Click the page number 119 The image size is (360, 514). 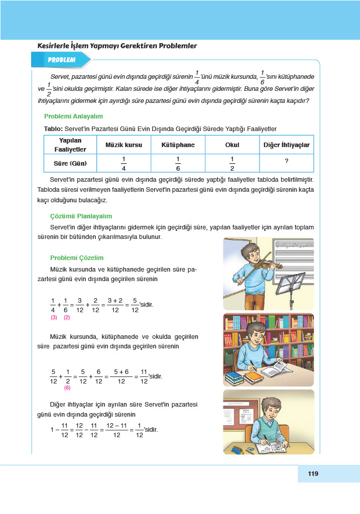[x=313, y=473]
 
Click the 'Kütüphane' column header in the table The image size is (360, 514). [x=178, y=145]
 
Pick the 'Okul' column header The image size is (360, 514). [x=232, y=145]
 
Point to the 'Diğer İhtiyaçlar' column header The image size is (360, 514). [x=286, y=145]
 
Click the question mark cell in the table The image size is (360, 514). [x=286, y=161]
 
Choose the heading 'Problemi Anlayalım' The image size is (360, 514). [x=73, y=116]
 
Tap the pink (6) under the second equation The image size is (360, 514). [x=67, y=388]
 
